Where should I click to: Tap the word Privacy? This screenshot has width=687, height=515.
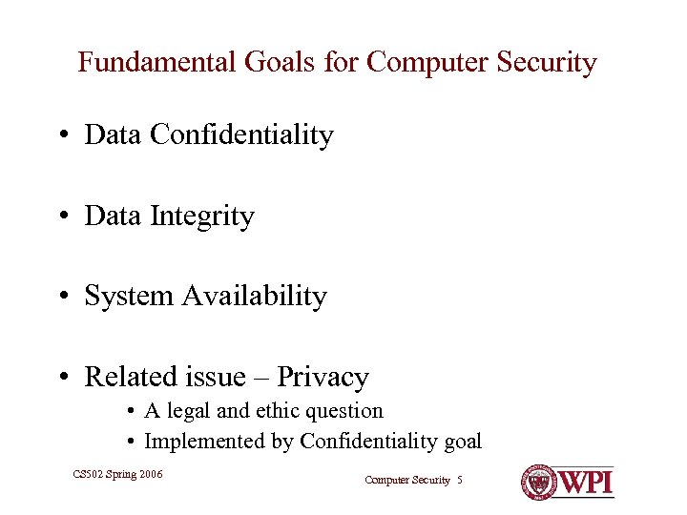323,378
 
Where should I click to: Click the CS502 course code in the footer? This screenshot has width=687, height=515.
89,473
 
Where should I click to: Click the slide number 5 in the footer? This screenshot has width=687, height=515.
460,481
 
